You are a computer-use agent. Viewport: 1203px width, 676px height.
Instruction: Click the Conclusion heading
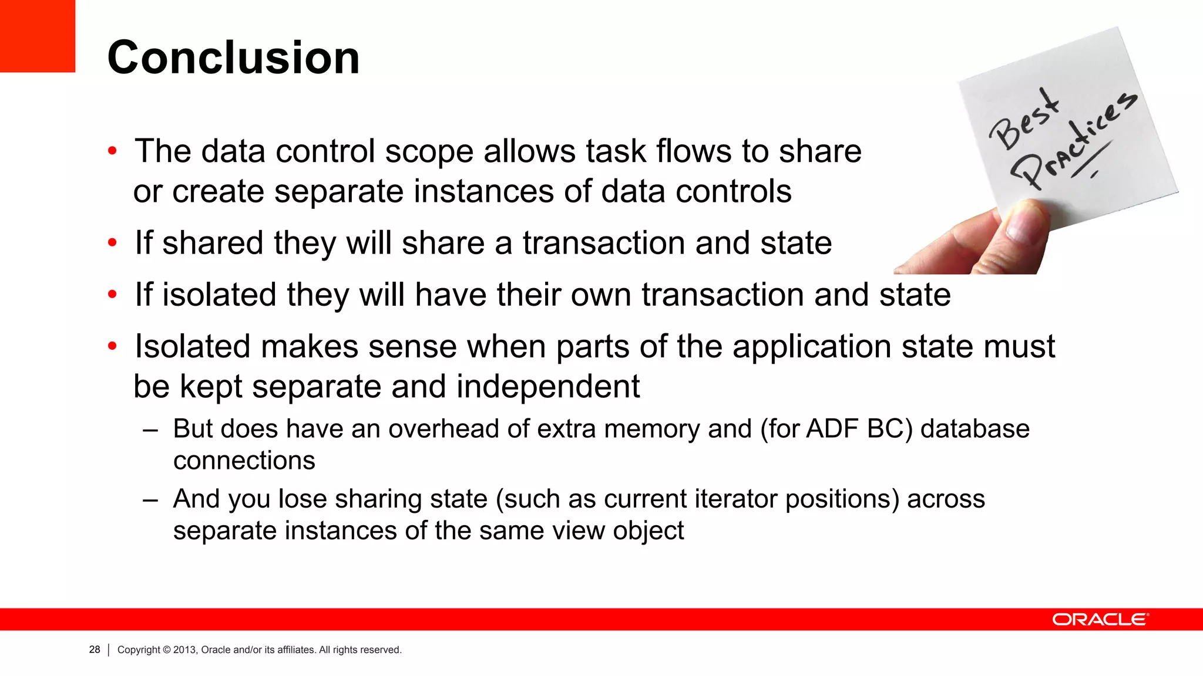(x=233, y=58)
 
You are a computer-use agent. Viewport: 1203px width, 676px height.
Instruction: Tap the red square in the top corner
(x=37, y=35)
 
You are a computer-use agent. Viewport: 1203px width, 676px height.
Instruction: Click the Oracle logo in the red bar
(x=1100, y=620)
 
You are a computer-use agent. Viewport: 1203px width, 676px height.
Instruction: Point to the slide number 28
(x=95, y=650)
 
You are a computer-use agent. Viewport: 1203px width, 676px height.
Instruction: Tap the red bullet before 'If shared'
(x=112, y=243)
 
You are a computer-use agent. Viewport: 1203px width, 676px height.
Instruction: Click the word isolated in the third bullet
(x=219, y=295)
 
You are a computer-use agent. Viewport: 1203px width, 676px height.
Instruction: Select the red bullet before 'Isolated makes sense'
(x=112, y=346)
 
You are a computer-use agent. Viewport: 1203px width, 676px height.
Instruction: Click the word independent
(x=547, y=387)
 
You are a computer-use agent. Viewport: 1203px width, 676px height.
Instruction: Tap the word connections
(x=244, y=461)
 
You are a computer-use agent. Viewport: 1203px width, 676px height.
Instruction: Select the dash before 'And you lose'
(x=150, y=500)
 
